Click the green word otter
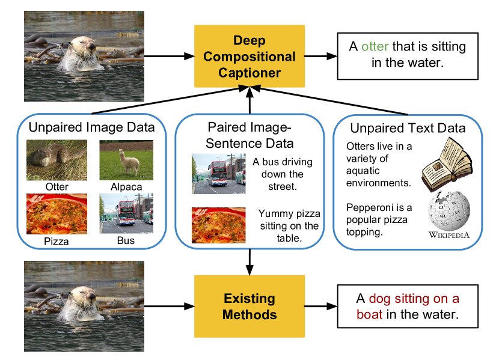(375, 47)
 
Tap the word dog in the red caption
(379, 299)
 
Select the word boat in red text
(369, 314)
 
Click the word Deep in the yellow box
(249, 41)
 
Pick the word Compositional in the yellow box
(249, 57)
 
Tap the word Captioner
(249, 73)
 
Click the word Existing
(249, 299)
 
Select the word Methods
(249, 314)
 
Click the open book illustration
(445, 163)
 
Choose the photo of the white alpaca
(126, 160)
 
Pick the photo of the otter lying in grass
(57, 160)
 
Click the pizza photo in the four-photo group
(57, 213)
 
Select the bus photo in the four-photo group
(126, 213)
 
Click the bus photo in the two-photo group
(219, 174)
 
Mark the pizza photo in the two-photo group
(219, 225)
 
